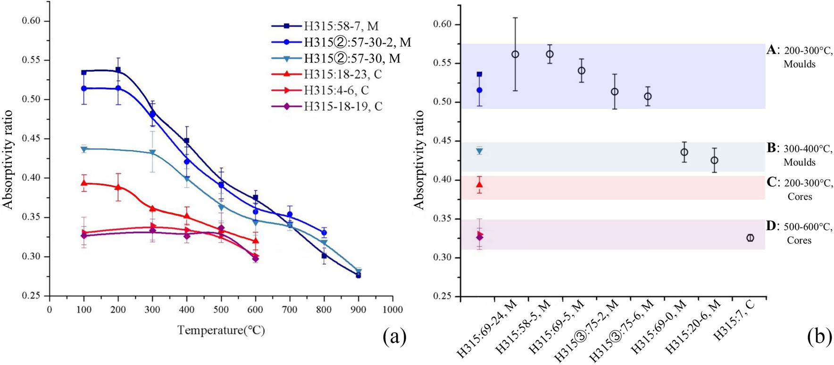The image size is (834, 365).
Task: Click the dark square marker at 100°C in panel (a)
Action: pyautogui.click(x=84, y=73)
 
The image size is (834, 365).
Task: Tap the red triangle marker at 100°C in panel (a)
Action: pyautogui.click(x=84, y=183)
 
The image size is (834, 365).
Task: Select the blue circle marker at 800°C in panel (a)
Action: pyautogui.click(x=324, y=232)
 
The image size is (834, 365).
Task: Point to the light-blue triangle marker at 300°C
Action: pyautogui.click(x=152, y=153)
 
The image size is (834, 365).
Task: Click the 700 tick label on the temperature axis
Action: pyautogui.click(x=290, y=310)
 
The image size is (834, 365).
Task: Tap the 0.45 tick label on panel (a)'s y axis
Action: pyautogui.click(x=32, y=139)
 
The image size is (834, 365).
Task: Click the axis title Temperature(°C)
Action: pyautogui.click(x=221, y=330)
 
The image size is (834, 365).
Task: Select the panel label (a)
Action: pyautogui.click(x=394, y=337)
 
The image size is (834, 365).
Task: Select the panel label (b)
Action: pyautogui.click(x=819, y=337)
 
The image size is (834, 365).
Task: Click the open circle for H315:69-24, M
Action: pyautogui.click(x=515, y=54)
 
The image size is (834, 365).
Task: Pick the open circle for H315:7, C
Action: pyautogui.click(x=750, y=238)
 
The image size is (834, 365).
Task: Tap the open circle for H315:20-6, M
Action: pyautogui.click(x=714, y=160)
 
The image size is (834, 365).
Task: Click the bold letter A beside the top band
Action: pyautogui.click(x=771, y=50)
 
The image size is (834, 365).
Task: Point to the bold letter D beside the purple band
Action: pyautogui.click(x=771, y=226)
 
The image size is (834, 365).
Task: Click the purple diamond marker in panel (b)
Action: pyautogui.click(x=480, y=237)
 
